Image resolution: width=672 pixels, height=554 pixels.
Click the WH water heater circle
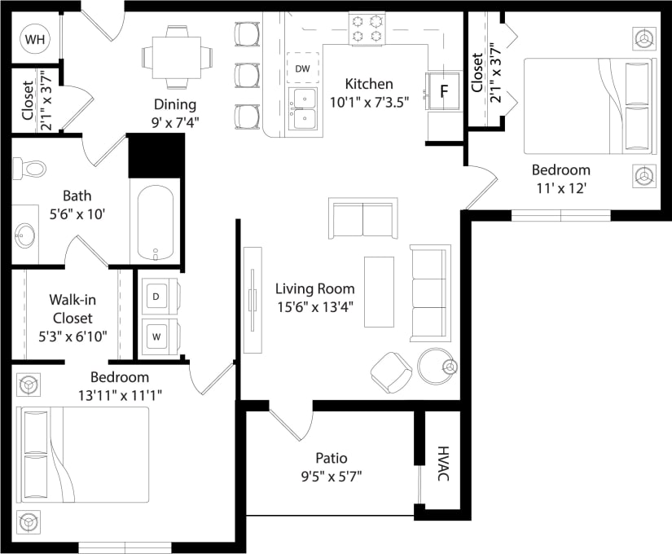35,38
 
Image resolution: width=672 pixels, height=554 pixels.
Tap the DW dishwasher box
303,68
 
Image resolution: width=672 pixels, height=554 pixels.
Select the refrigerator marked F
444,90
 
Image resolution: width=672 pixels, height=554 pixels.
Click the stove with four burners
367,29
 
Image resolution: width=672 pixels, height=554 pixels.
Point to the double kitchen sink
303,109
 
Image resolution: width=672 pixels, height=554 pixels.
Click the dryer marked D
156,296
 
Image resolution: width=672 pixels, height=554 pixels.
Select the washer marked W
156,334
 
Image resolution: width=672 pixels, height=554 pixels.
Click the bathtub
155,222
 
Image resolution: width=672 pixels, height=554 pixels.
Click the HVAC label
443,464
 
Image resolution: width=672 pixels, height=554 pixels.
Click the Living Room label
314,288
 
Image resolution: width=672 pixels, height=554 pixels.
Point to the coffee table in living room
379,292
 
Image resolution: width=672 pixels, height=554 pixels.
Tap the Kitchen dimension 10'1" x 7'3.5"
369,102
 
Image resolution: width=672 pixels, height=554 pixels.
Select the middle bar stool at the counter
246,75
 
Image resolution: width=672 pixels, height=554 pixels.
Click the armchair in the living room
392,371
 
